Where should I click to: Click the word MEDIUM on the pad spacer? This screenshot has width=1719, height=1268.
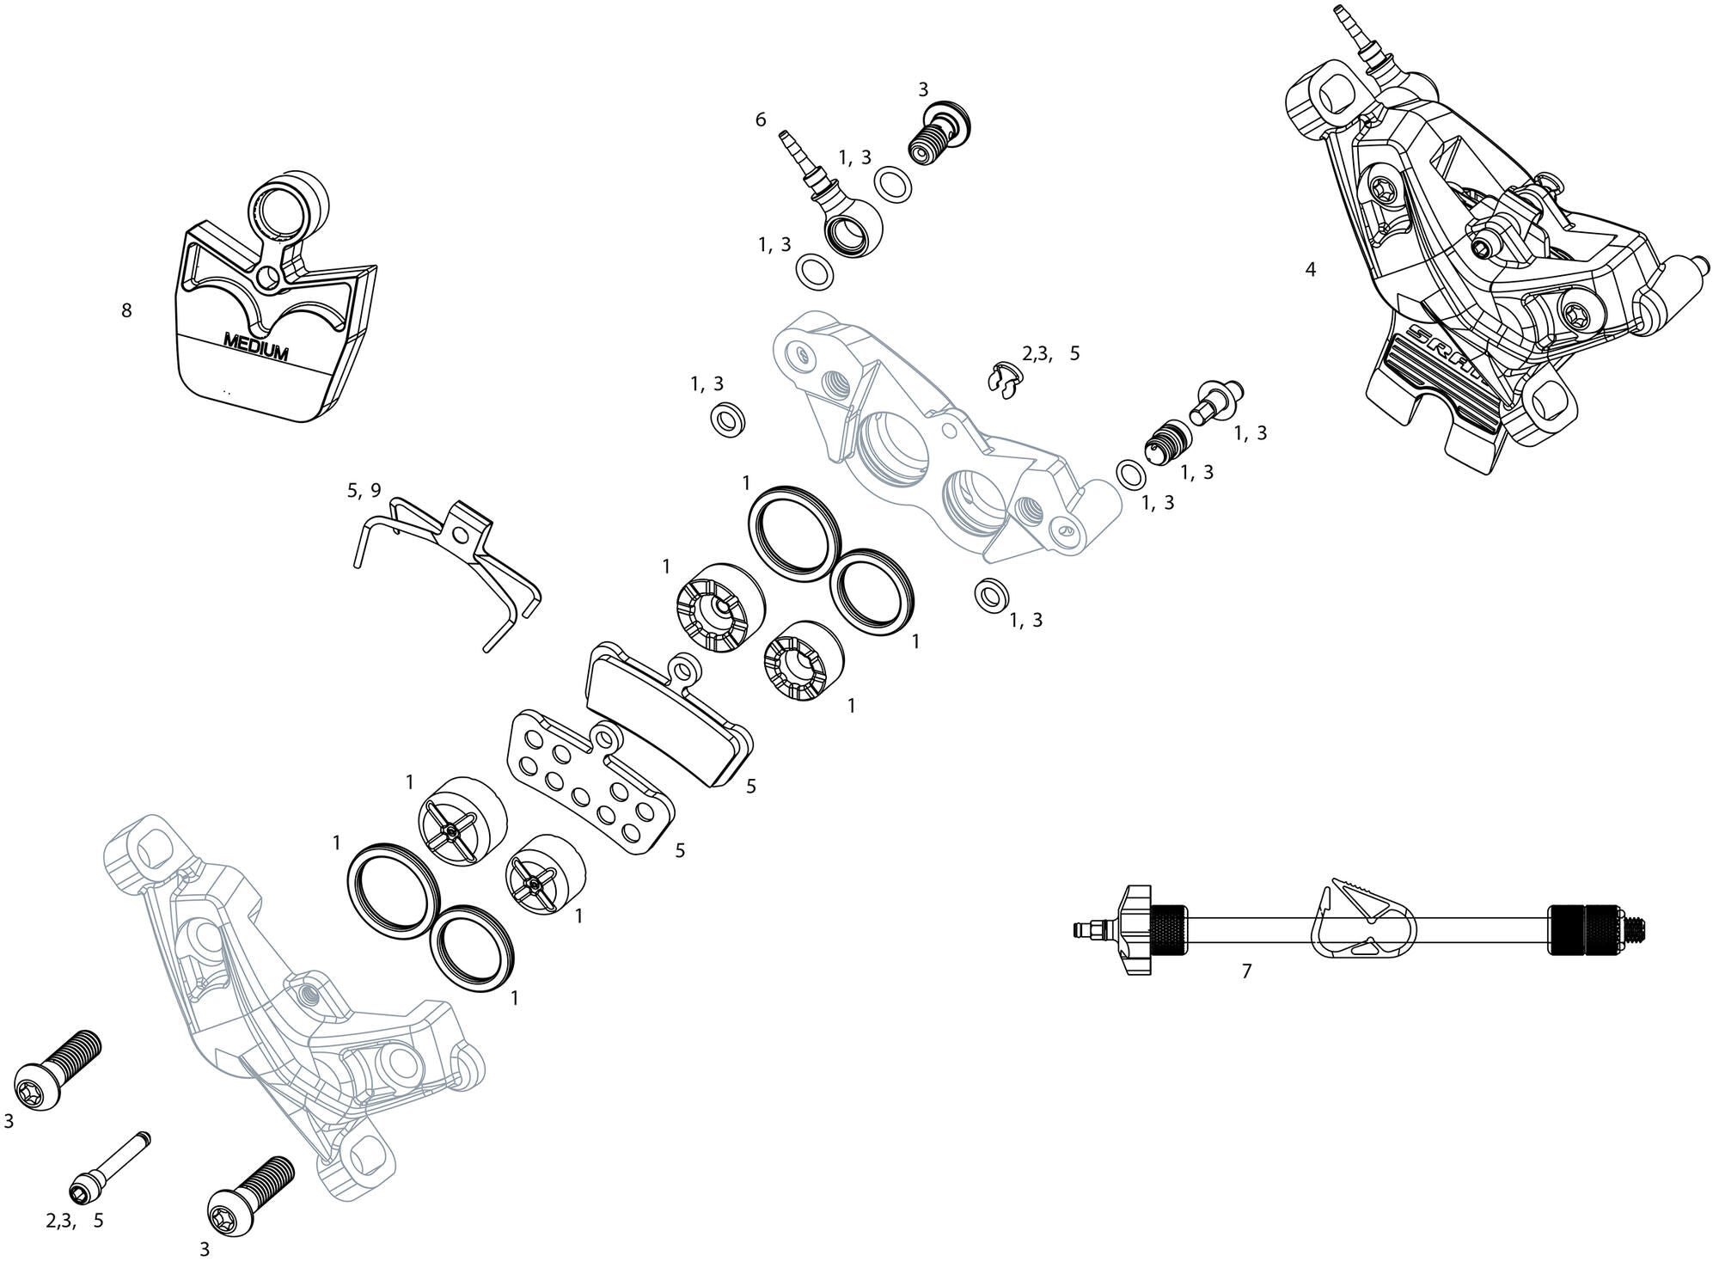tap(255, 346)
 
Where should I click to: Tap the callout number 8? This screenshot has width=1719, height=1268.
tap(126, 310)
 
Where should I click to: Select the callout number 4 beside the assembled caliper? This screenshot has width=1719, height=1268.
tap(1310, 269)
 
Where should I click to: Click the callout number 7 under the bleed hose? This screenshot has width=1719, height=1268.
tap(1246, 971)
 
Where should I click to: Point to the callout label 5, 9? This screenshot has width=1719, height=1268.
tap(364, 491)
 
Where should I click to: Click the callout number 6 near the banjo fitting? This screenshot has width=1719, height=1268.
tap(760, 120)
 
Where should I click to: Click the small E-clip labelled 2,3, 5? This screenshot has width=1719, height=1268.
tap(1003, 379)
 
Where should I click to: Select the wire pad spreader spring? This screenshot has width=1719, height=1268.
tap(447, 567)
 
